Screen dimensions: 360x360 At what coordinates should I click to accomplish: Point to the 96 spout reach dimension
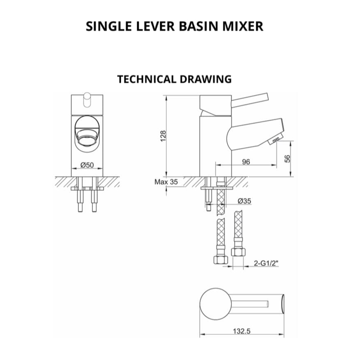point(246,162)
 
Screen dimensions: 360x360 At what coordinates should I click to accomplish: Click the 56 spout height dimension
point(288,158)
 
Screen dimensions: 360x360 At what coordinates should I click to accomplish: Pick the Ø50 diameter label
point(87,165)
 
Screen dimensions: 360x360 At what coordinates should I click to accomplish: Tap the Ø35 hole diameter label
point(244,201)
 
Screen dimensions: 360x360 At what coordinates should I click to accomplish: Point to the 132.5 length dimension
point(243,331)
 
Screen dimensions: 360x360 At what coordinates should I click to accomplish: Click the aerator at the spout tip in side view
point(274,141)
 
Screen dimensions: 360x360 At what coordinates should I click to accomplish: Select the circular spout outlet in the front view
point(87,136)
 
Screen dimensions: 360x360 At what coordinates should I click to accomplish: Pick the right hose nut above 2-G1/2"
point(237,251)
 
